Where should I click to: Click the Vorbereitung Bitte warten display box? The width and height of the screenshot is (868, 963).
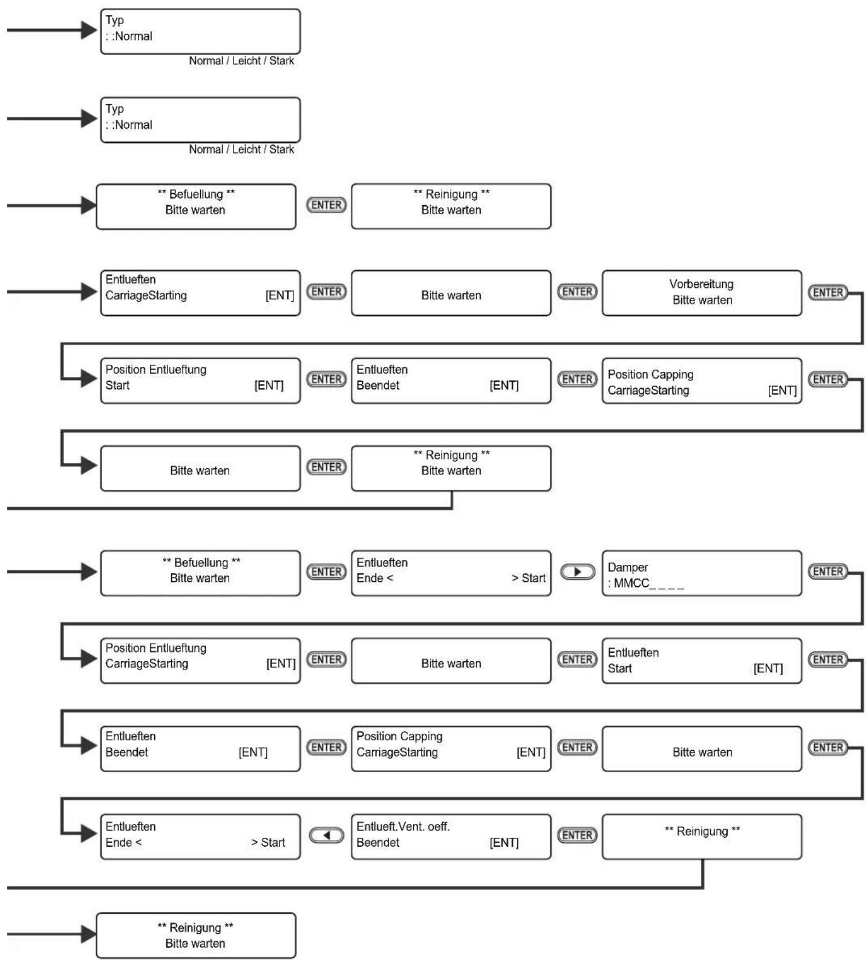pyautogui.click(x=702, y=293)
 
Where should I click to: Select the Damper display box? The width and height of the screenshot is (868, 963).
pyautogui.click(x=702, y=573)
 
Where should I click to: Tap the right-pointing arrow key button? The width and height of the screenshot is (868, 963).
pyautogui.click(x=578, y=572)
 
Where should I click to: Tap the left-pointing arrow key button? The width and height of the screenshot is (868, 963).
pyautogui.click(x=327, y=835)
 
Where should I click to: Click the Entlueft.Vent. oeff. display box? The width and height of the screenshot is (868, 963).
pyautogui.click(x=451, y=837)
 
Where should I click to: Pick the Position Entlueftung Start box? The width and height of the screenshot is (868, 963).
pyautogui.click(x=200, y=380)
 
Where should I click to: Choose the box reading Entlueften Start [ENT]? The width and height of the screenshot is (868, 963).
pyautogui.click(x=702, y=661)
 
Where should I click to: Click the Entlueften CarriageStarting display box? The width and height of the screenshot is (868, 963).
pyautogui.click(x=200, y=293)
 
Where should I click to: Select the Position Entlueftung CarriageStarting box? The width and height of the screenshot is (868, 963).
pyautogui.click(x=200, y=661)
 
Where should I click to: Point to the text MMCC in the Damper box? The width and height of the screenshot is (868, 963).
pyautogui.click(x=631, y=583)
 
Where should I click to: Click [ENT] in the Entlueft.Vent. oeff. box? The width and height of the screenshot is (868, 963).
pyautogui.click(x=504, y=843)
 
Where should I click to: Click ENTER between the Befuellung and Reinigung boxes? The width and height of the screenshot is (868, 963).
pyautogui.click(x=327, y=205)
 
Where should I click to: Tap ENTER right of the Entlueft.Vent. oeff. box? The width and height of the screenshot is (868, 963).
pyautogui.click(x=578, y=835)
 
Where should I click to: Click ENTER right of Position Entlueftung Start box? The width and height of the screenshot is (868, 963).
pyautogui.click(x=327, y=379)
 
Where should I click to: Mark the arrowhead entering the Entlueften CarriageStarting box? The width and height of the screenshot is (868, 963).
pyautogui.click(x=89, y=292)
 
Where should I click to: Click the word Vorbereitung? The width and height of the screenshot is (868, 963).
pyautogui.click(x=701, y=284)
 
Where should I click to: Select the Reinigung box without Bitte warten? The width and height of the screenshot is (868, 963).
pyautogui.click(x=702, y=837)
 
